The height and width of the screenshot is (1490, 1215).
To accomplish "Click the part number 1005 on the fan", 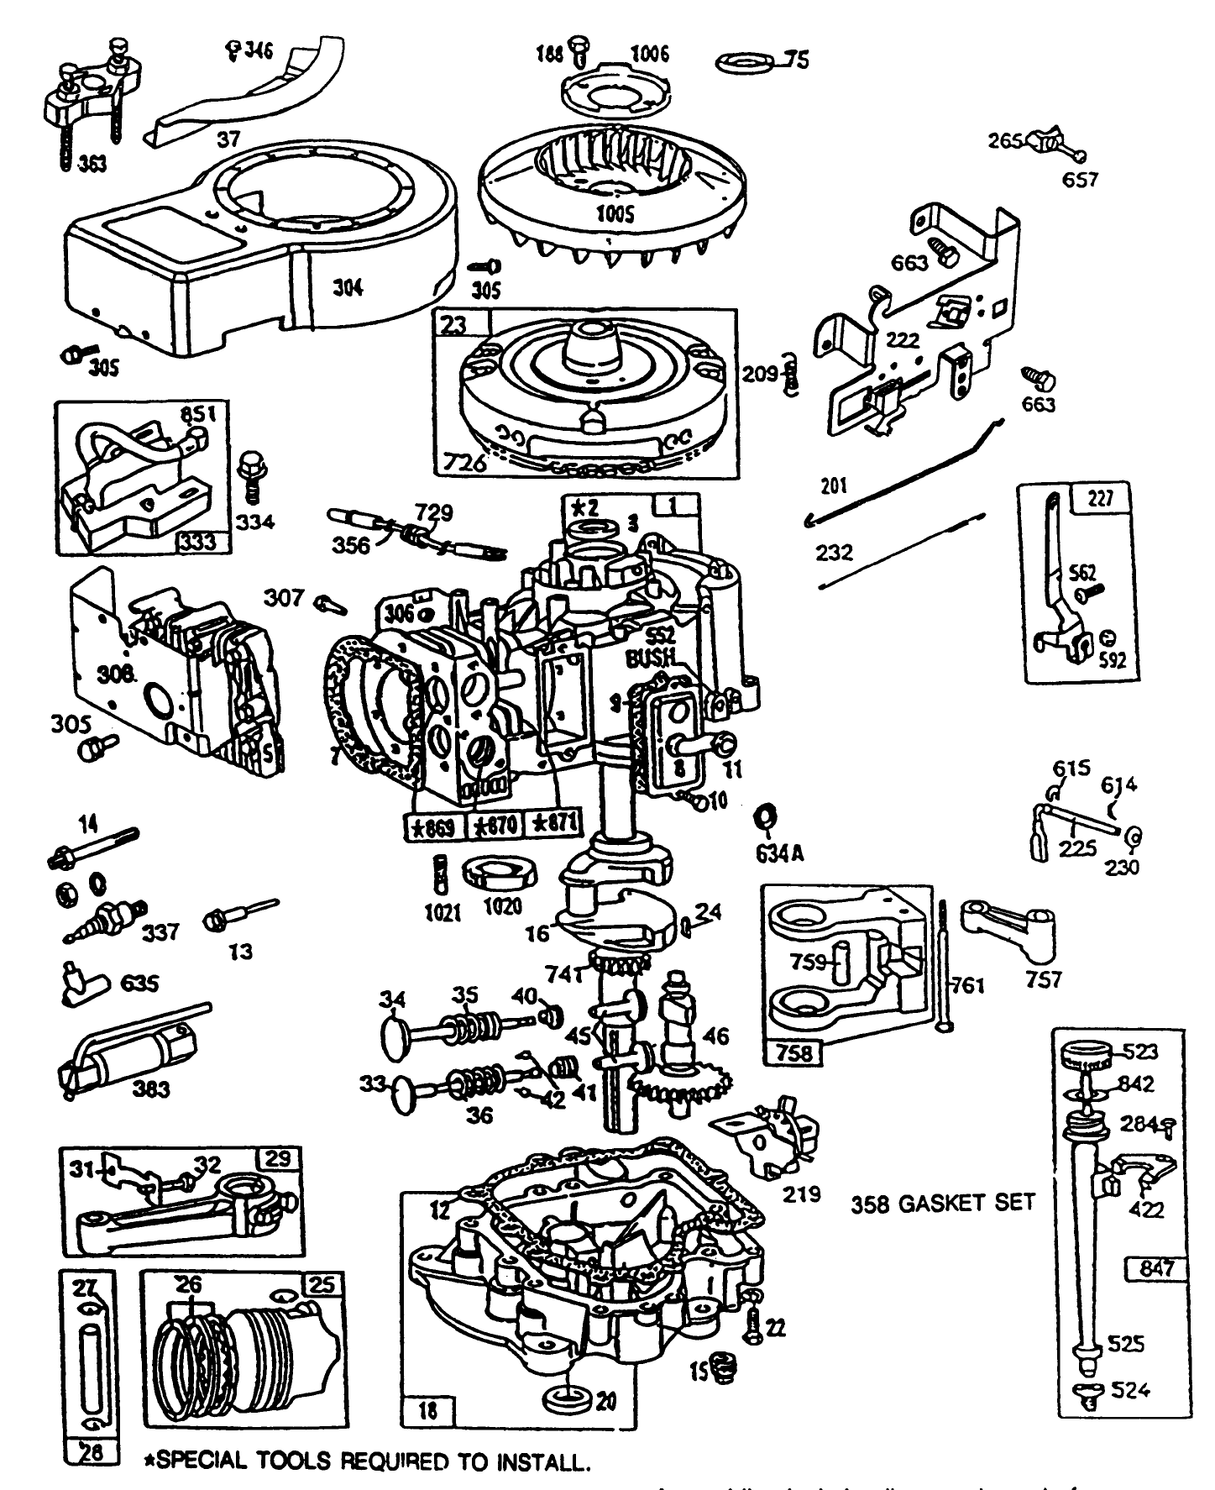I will click(615, 213).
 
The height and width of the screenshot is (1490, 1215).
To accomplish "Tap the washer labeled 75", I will click(745, 63).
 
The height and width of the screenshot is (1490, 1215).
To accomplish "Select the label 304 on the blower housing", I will click(348, 287).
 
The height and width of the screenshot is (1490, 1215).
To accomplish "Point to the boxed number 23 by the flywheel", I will click(454, 324).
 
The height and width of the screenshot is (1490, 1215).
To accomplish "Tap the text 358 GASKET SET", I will click(942, 1203).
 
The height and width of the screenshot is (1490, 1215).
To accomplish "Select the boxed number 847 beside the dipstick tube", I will click(1156, 1268).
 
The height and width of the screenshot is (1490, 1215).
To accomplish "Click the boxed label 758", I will click(794, 1051).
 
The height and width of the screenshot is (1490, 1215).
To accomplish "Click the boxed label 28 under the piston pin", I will click(89, 1452).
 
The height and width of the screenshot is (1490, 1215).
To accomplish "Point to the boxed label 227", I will click(1100, 498).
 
